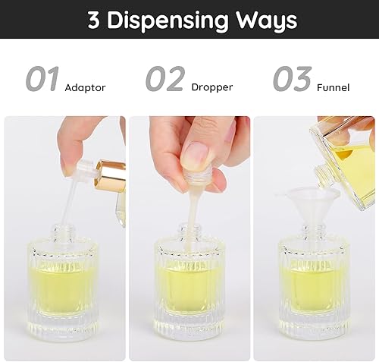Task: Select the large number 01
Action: [42, 79]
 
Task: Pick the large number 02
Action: [166, 79]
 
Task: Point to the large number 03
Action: [292, 79]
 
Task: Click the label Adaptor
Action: [85, 87]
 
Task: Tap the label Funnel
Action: [334, 87]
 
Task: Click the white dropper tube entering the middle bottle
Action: [188, 220]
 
